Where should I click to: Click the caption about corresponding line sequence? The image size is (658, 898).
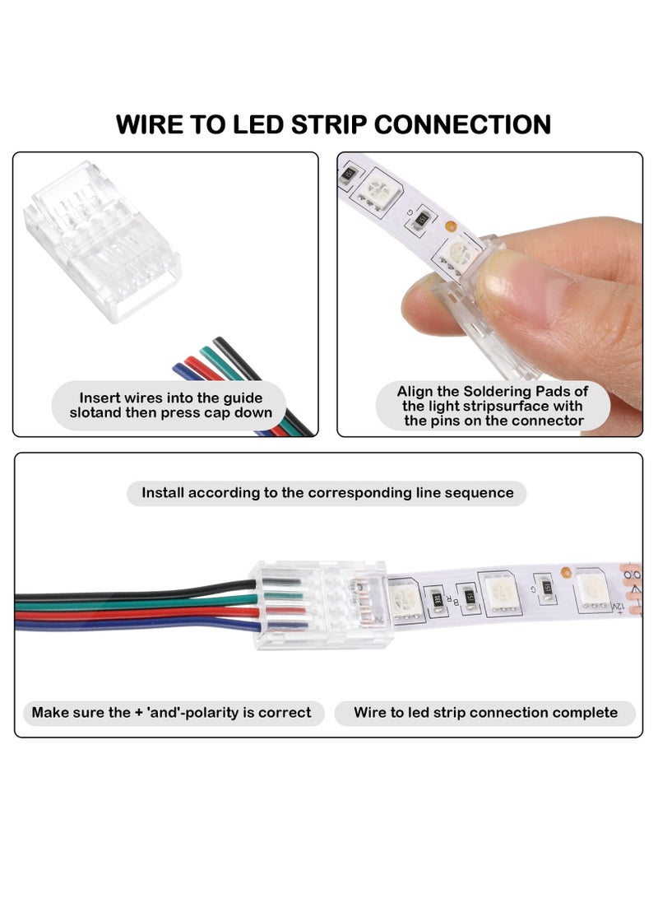(x=327, y=493)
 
